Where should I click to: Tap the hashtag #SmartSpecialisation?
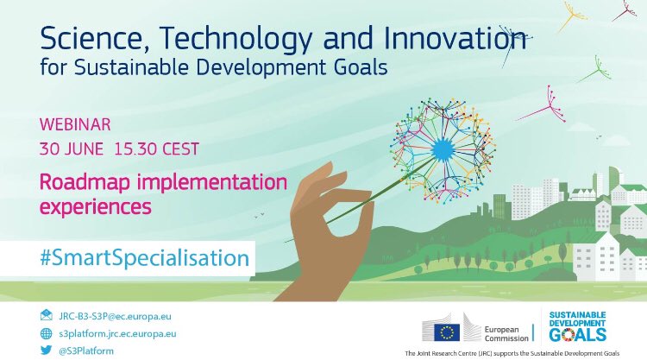coord(132,257)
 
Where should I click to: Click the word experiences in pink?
coord(96,207)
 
